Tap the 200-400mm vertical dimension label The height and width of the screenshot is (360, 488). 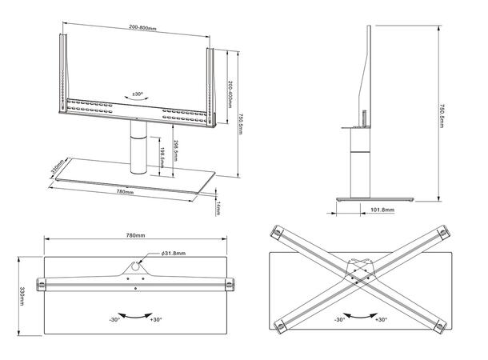230,86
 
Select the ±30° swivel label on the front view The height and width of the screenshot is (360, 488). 137,94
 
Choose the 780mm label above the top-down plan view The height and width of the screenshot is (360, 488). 136,236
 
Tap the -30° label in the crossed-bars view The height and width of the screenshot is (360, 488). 341,320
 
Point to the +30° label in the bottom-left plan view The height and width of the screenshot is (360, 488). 156,320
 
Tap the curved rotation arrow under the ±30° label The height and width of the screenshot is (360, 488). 137,102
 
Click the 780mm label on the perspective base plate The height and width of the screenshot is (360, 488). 124,192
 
